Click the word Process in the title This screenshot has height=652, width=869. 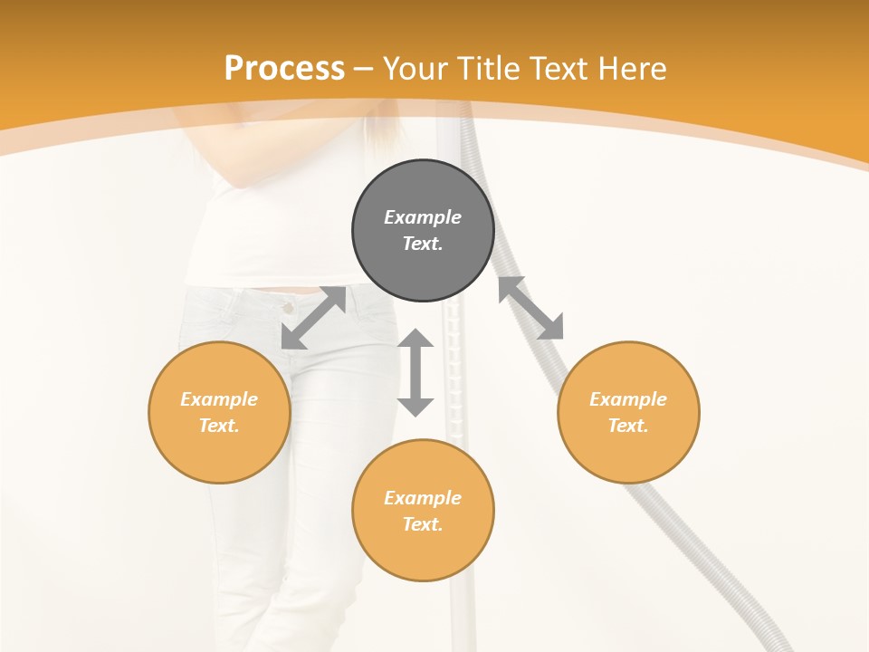click(284, 69)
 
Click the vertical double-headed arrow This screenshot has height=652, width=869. click(415, 372)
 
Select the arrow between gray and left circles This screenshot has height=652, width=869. click(313, 318)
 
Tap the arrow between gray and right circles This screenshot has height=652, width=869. click(530, 308)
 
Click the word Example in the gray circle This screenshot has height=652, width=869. click(423, 217)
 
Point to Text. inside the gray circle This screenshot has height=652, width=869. click(423, 244)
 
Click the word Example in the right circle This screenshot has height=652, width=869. click(628, 399)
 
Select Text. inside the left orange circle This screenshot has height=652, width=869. click(219, 426)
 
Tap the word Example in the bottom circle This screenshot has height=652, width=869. click(423, 498)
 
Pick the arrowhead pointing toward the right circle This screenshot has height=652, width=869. click(551, 328)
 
